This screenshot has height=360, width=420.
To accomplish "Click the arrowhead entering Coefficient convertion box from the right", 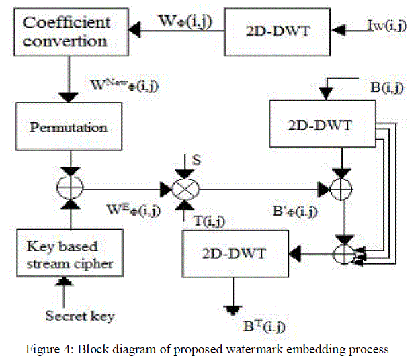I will (135, 31).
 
